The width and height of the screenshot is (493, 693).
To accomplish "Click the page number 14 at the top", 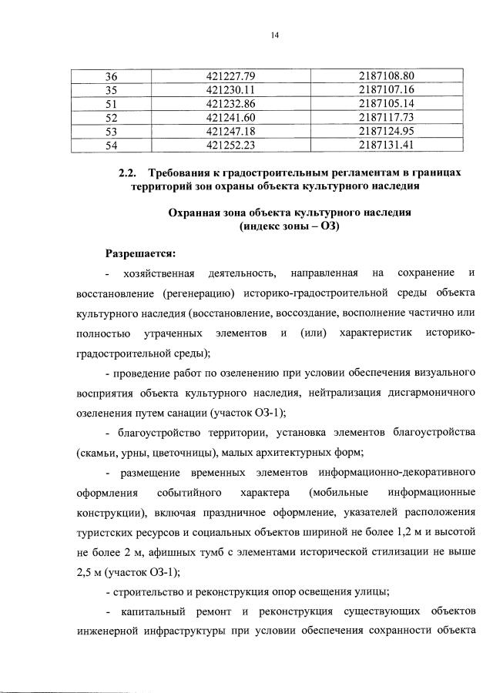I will pos(273,35).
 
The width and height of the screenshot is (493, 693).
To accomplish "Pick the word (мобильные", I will pos(337,491).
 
